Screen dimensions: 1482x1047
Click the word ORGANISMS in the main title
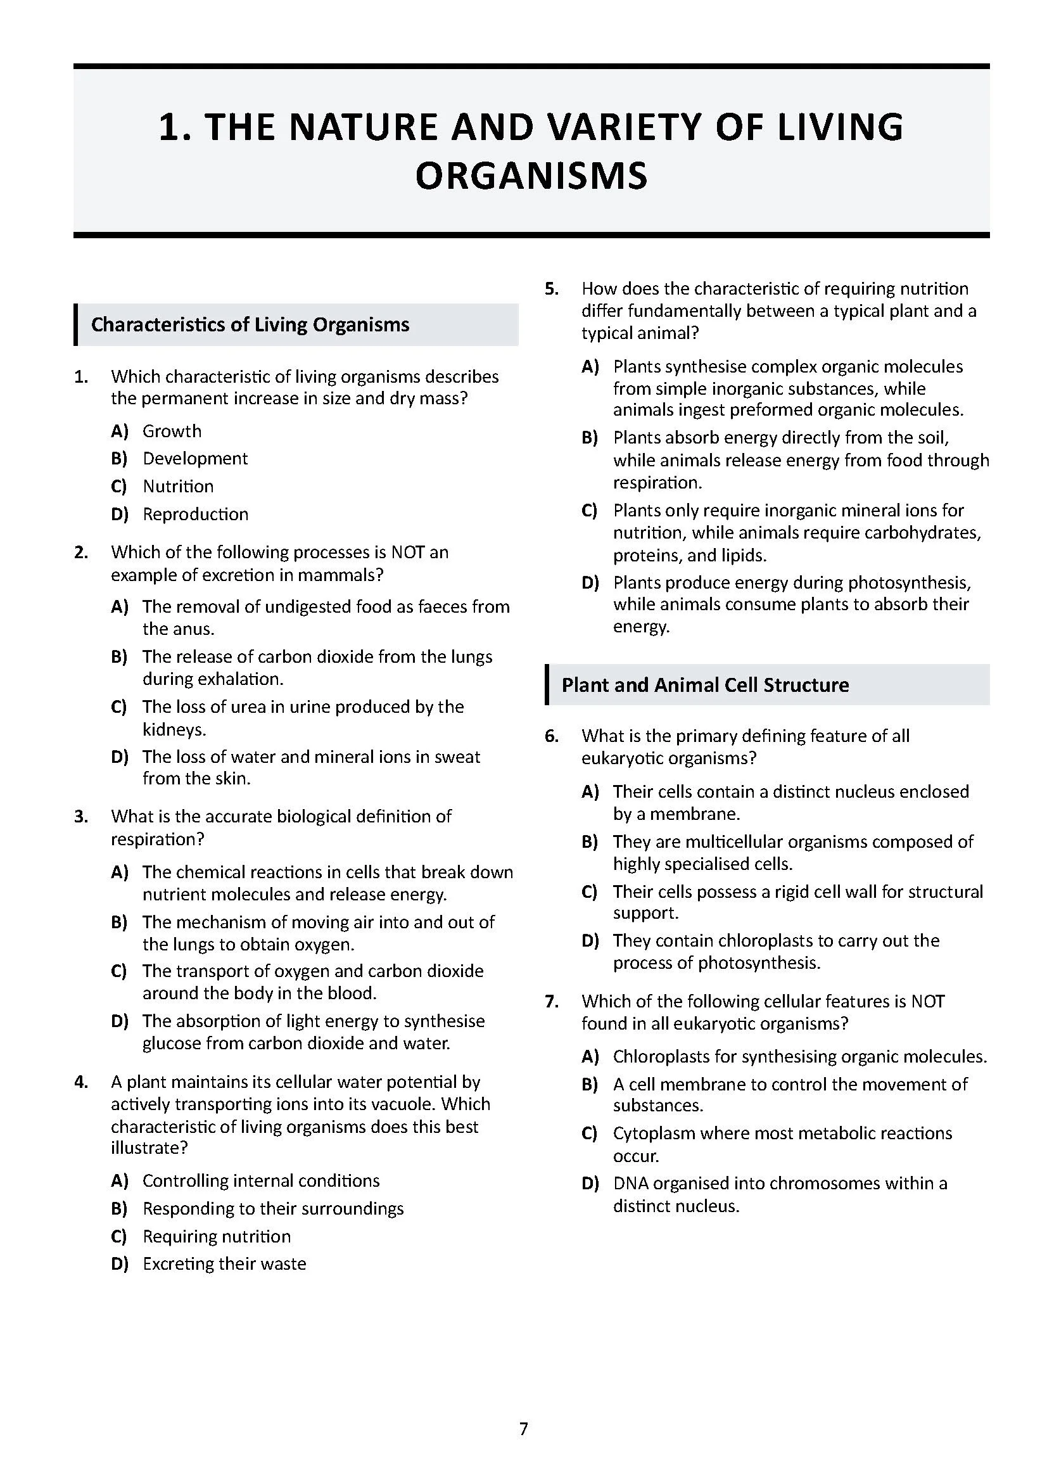531,176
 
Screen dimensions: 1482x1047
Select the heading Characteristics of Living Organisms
250,324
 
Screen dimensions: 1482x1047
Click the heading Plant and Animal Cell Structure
704,685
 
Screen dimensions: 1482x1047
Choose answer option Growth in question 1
172,431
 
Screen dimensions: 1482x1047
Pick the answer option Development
195,459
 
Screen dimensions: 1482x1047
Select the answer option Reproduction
195,514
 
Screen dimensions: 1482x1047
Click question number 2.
81,553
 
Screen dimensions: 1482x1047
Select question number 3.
81,817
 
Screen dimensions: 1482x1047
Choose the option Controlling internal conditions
260,1180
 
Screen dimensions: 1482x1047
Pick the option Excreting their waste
224,1263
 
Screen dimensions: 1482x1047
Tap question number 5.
552,288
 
